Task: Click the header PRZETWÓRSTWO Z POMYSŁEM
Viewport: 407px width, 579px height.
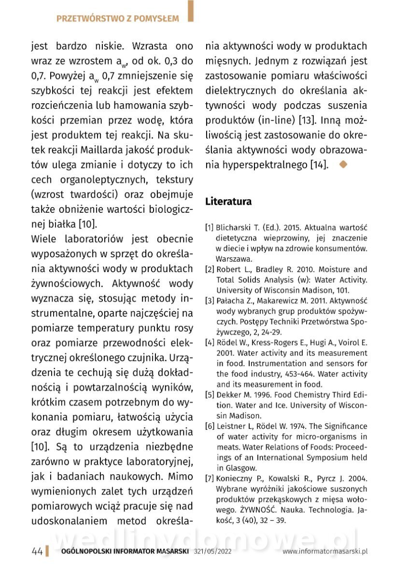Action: click(x=117, y=19)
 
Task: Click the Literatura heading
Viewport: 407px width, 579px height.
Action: click(x=228, y=202)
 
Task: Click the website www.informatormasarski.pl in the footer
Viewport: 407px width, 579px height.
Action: click(x=325, y=551)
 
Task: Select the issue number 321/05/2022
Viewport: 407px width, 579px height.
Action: click(x=213, y=551)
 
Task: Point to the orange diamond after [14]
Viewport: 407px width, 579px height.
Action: click(x=344, y=164)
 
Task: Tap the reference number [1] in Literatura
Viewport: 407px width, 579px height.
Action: click(x=210, y=227)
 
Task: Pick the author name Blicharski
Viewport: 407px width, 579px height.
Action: click(x=239, y=227)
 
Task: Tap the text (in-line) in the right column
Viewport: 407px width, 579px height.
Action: click(x=271, y=120)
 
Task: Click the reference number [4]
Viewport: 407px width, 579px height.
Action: click(x=210, y=343)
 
